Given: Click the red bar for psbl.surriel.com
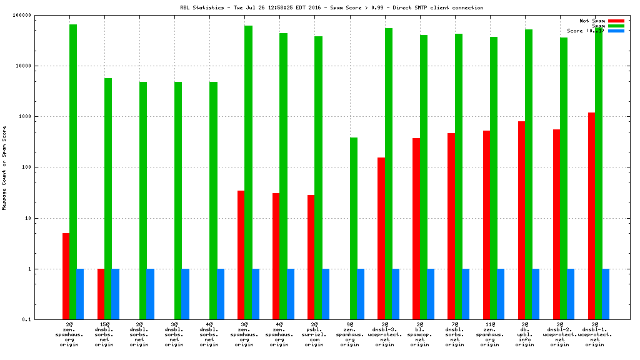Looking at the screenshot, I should (311, 257).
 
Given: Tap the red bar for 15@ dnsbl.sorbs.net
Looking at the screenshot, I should (101, 294).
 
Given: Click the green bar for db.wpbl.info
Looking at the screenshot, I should (528, 174).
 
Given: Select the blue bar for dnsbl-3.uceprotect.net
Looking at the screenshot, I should (396, 294).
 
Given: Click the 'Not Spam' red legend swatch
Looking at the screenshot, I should (616, 21).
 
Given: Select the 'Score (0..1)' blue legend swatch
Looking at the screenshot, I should (616, 31).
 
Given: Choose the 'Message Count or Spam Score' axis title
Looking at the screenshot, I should (4, 167).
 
